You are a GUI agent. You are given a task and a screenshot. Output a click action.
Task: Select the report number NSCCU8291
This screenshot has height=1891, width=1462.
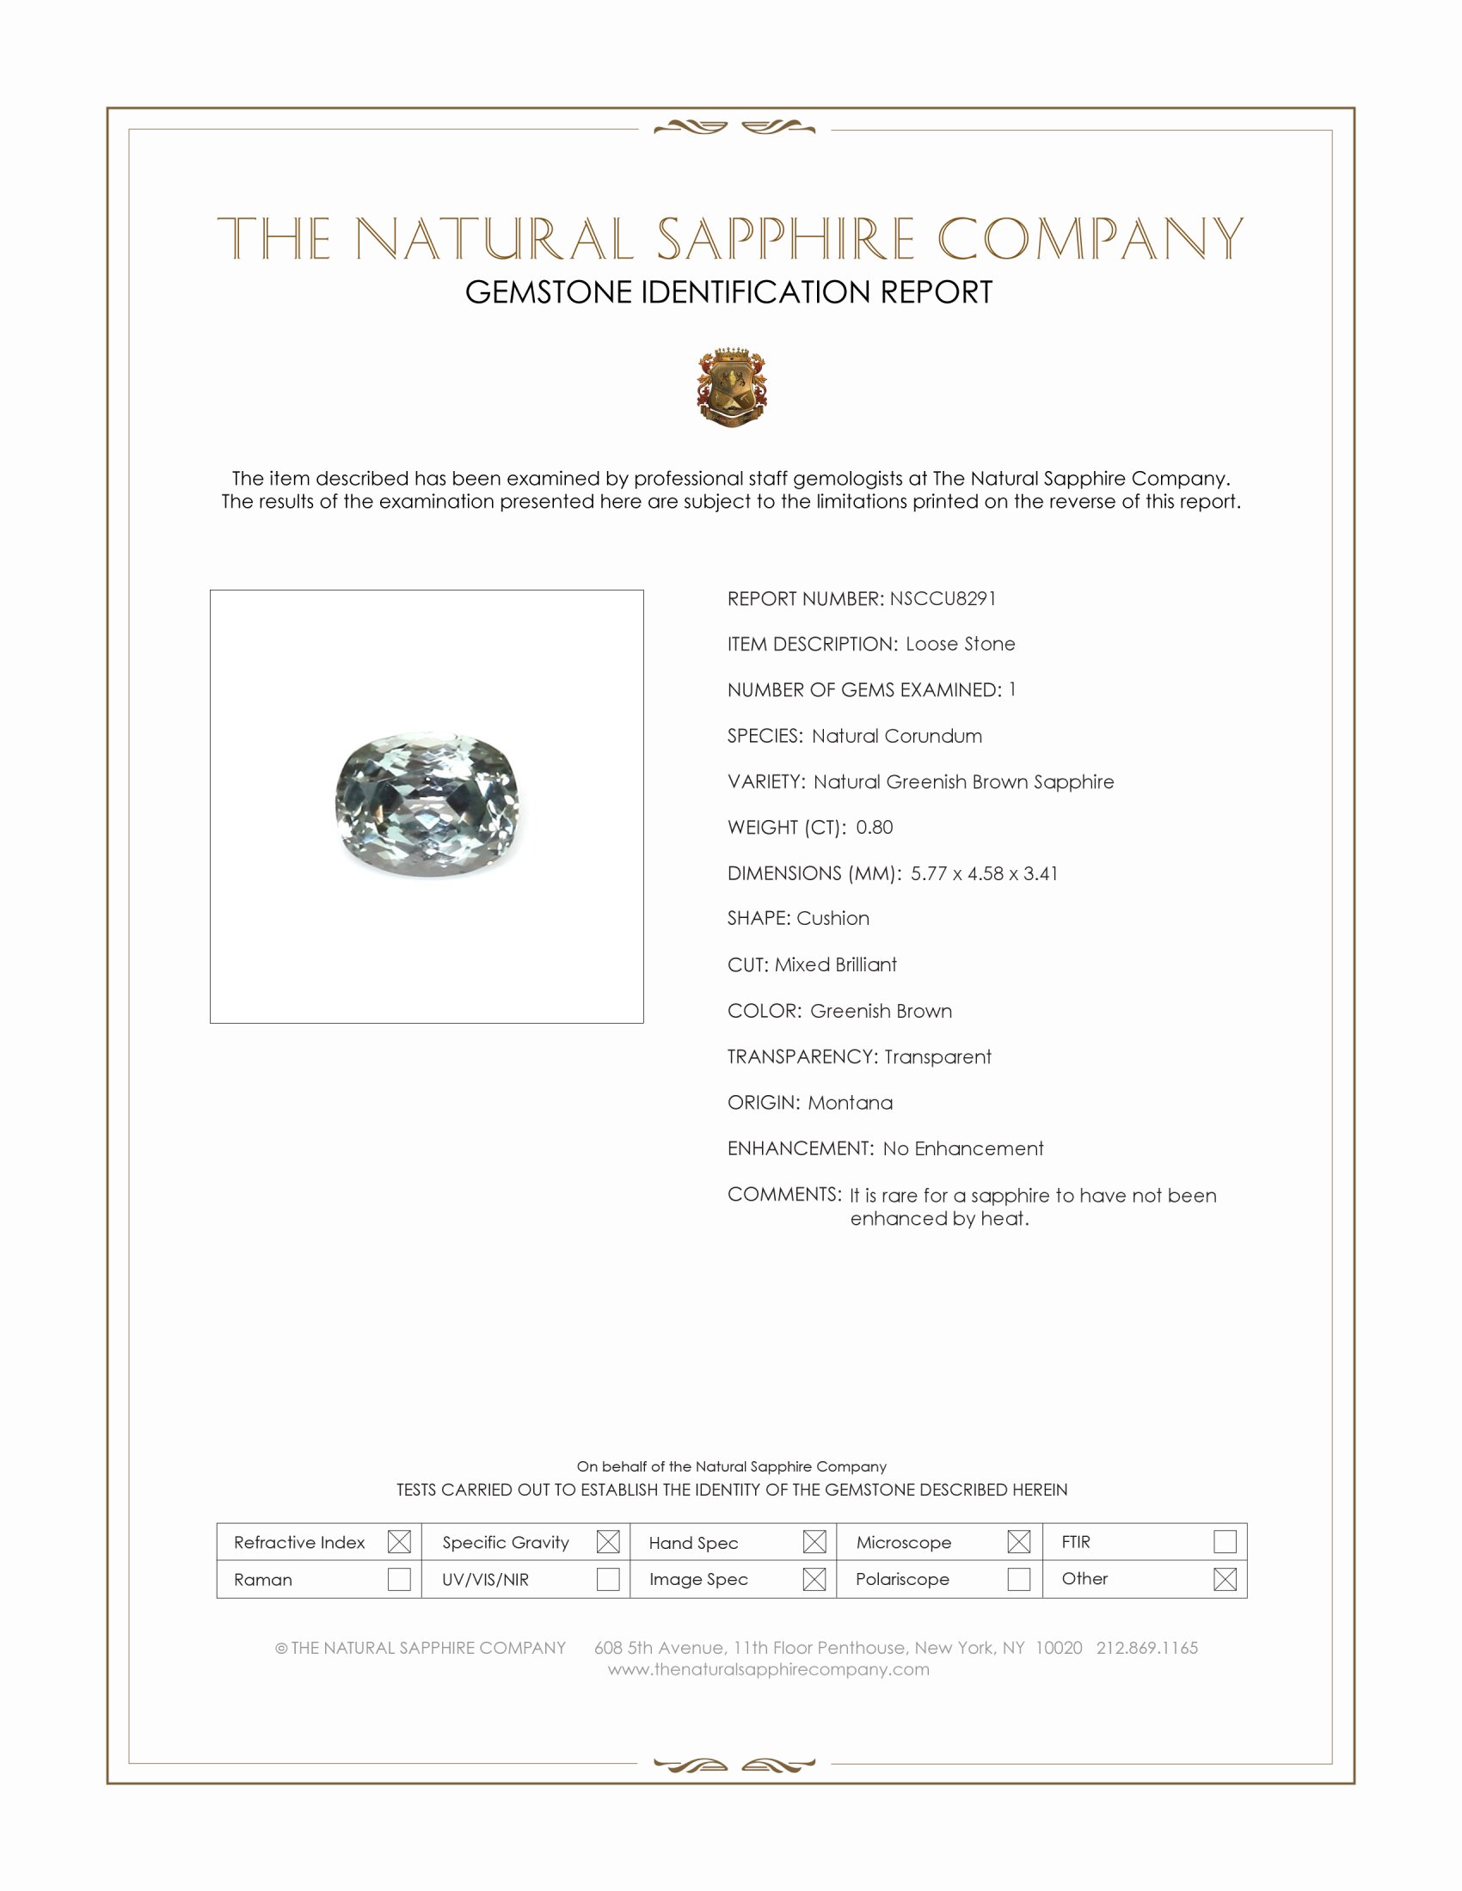click(x=943, y=598)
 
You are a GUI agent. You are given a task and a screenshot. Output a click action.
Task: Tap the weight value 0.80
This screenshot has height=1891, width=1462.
click(x=874, y=827)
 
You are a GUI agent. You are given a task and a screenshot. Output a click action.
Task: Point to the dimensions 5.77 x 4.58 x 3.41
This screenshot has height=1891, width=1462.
click(x=984, y=872)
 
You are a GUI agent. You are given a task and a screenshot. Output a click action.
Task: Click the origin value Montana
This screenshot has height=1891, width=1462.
click(x=850, y=1102)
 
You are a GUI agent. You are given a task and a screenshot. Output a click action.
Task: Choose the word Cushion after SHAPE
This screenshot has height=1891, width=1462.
click(x=832, y=918)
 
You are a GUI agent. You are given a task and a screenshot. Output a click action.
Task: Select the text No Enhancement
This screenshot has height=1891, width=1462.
click(x=962, y=1148)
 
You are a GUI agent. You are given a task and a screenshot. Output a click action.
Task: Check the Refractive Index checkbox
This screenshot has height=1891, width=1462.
click(x=399, y=1541)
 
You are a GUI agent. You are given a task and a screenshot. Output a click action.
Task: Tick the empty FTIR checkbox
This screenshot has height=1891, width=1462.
click(x=1225, y=1541)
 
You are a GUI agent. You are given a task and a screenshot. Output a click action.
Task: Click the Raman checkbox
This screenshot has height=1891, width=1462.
click(x=399, y=1578)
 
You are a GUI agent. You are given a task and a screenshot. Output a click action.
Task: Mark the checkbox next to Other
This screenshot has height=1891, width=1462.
click(x=1225, y=1578)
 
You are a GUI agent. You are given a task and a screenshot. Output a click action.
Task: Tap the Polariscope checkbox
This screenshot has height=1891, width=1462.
click(x=1018, y=1578)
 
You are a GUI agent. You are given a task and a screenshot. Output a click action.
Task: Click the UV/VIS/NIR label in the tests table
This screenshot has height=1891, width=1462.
click(x=485, y=1579)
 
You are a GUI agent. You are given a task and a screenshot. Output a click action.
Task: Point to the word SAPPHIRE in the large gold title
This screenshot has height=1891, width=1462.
click(x=784, y=240)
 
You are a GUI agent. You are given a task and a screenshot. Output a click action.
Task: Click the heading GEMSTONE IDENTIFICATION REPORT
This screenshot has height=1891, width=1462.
click(x=728, y=292)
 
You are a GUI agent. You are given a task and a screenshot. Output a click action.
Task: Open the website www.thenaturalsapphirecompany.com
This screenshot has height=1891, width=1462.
click(x=768, y=1669)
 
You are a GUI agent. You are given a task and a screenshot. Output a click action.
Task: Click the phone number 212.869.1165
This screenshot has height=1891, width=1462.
click(x=1146, y=1648)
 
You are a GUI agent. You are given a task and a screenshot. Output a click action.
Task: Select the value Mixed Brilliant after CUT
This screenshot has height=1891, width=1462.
click(x=835, y=964)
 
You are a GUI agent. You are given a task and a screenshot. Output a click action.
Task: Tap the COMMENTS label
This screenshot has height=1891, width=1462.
click(x=783, y=1194)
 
